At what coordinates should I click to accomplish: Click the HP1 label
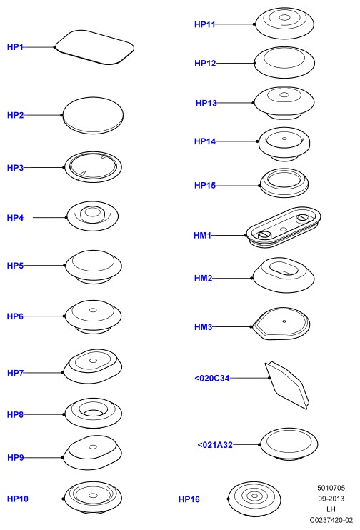(x=15, y=47)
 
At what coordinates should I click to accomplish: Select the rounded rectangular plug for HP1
(x=94, y=47)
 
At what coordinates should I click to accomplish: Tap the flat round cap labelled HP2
(x=93, y=115)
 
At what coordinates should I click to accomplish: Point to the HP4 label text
(x=15, y=218)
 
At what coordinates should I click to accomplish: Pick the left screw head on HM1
(x=265, y=235)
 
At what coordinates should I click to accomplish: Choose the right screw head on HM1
(x=303, y=219)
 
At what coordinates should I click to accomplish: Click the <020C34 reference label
(x=212, y=379)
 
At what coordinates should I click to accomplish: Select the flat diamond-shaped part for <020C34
(x=287, y=385)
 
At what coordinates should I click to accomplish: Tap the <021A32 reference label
(x=215, y=445)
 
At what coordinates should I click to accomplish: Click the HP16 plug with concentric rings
(x=254, y=499)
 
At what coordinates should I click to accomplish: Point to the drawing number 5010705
(x=331, y=488)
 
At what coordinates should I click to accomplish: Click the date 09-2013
(x=331, y=499)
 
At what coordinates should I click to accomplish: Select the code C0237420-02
(x=331, y=520)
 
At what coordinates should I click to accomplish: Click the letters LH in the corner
(x=331, y=509)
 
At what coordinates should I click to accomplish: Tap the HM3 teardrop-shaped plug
(x=280, y=324)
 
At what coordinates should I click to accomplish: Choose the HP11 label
(x=204, y=24)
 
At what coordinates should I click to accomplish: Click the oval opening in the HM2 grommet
(x=284, y=267)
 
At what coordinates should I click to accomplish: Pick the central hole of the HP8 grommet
(x=93, y=413)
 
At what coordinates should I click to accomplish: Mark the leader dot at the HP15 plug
(x=259, y=186)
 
